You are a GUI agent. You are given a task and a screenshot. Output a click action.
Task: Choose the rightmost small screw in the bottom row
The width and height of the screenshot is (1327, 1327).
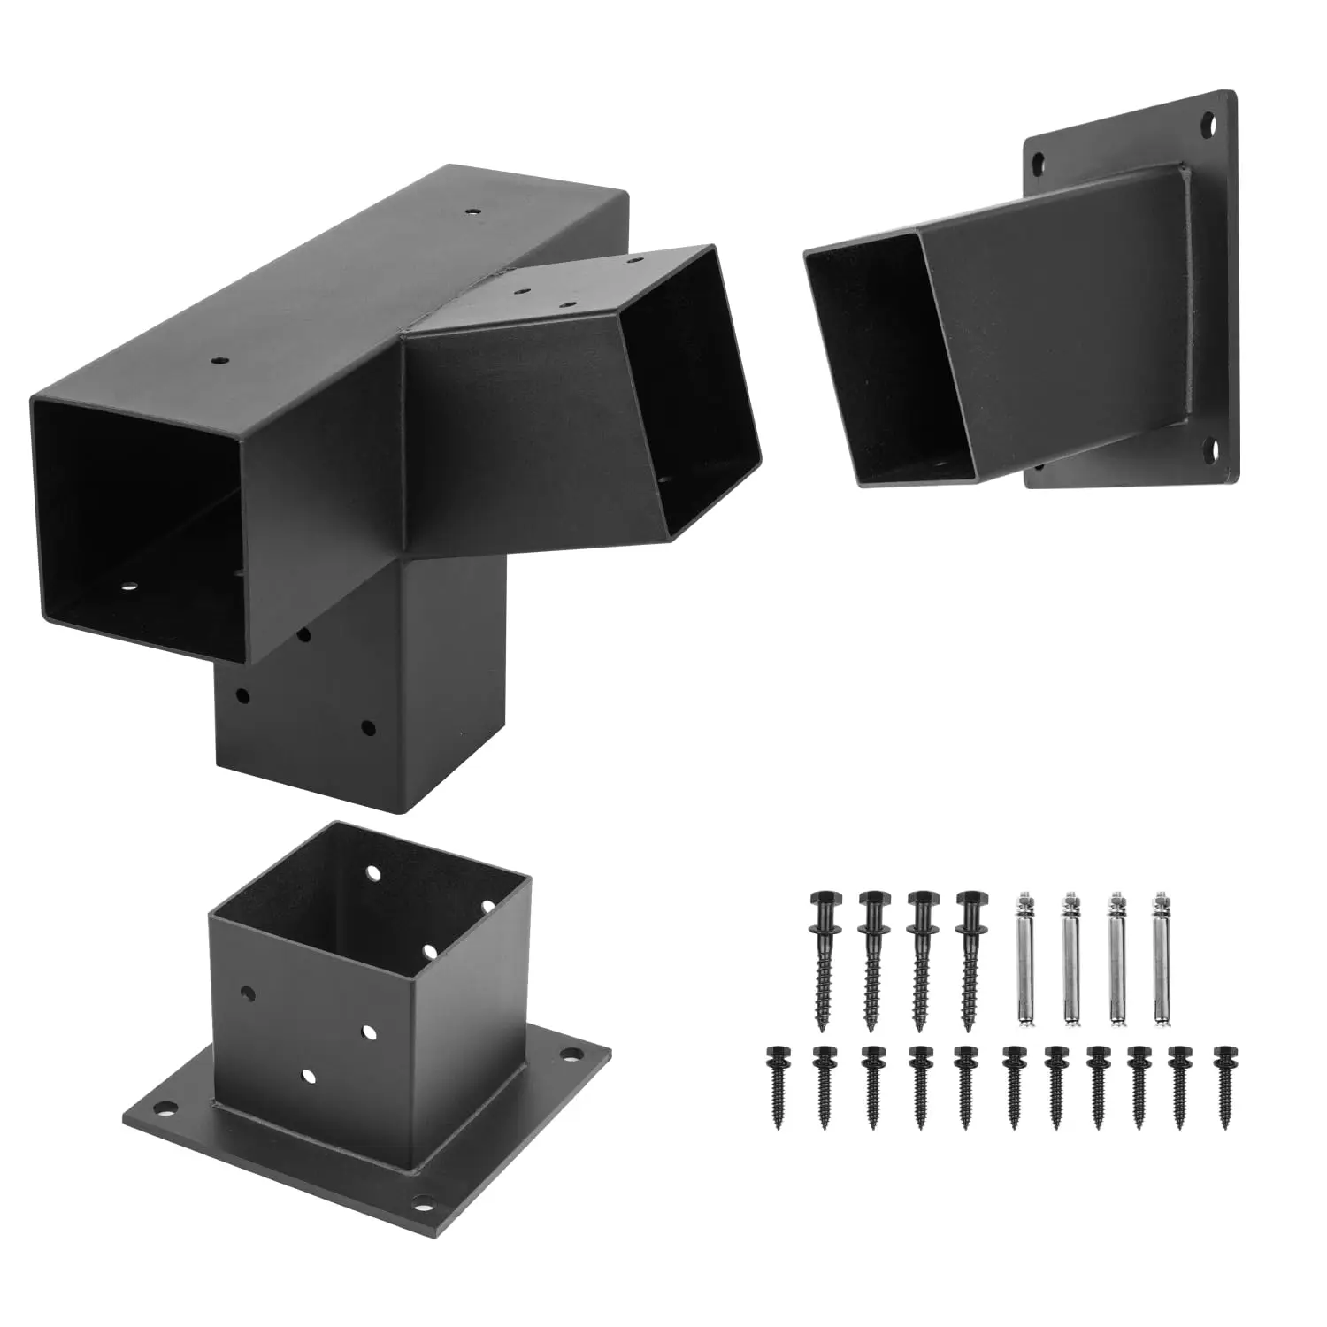(x=1226, y=1088)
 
